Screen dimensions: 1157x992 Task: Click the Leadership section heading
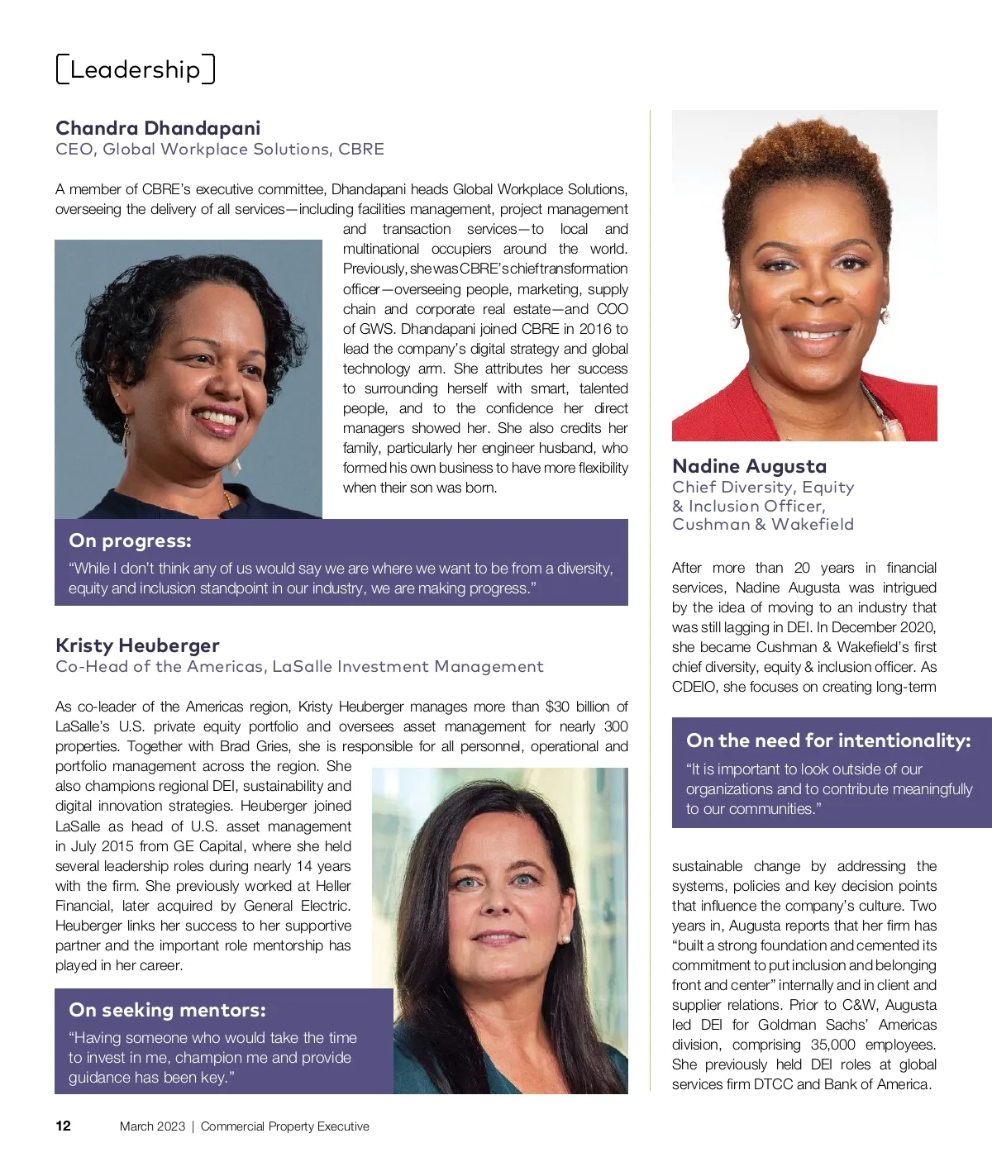click(x=135, y=69)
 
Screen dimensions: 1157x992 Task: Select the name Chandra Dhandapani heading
click(x=158, y=128)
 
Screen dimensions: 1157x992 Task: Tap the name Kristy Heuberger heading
click(x=137, y=645)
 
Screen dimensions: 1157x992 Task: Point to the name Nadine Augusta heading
click(x=749, y=466)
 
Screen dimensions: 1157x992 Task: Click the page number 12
click(x=63, y=1126)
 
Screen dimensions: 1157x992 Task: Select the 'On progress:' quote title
click(x=130, y=540)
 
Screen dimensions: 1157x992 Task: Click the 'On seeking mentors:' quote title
click(x=167, y=1010)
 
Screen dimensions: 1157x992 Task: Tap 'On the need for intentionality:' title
click(x=828, y=740)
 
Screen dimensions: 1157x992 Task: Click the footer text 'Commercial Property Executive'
click(x=285, y=1126)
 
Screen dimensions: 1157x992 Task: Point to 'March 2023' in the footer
click(x=152, y=1126)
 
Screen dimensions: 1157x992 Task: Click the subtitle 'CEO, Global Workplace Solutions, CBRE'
click(x=219, y=150)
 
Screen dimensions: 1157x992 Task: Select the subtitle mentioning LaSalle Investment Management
click(x=299, y=667)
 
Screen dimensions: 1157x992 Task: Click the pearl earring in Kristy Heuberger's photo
click(x=565, y=940)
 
